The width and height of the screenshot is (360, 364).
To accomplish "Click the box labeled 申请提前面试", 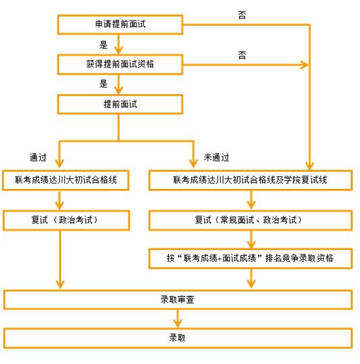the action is pyautogui.click(x=120, y=25).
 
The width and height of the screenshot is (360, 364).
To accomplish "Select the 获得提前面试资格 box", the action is pyautogui.click(x=120, y=64).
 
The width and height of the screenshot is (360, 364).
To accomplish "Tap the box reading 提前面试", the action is pyautogui.click(x=120, y=104).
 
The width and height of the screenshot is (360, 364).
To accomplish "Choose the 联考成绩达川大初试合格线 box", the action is pyautogui.click(x=66, y=180).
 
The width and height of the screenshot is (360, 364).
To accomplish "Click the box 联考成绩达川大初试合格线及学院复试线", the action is pyautogui.click(x=251, y=180).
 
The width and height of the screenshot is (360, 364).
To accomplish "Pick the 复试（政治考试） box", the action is pyautogui.click(x=66, y=220).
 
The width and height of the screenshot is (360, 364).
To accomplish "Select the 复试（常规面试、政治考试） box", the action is pyautogui.click(x=251, y=220).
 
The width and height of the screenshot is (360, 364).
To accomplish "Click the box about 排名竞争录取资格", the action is pyautogui.click(x=251, y=259).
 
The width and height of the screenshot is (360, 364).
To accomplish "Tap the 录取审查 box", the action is pyautogui.click(x=178, y=300).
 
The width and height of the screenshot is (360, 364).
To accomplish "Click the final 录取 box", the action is pyautogui.click(x=178, y=338).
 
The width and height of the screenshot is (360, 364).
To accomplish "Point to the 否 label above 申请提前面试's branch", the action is pyautogui.click(x=242, y=15).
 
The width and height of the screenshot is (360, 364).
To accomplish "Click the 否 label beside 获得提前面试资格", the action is pyautogui.click(x=242, y=55).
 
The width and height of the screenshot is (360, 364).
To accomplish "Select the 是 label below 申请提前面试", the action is pyautogui.click(x=103, y=45).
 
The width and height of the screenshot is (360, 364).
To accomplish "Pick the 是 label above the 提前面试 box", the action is pyautogui.click(x=103, y=84).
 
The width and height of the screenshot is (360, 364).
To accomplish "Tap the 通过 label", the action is pyautogui.click(x=38, y=157).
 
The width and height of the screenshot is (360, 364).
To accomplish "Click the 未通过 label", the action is pyautogui.click(x=217, y=157).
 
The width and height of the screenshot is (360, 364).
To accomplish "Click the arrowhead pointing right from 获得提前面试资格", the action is pyautogui.click(x=304, y=64).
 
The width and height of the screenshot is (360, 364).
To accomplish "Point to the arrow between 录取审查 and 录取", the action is pyautogui.click(x=178, y=319).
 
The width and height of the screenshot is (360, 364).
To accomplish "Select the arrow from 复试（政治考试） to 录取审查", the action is pyautogui.click(x=60, y=259).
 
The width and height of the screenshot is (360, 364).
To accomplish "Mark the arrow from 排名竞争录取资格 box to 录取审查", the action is pyautogui.click(x=251, y=278).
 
